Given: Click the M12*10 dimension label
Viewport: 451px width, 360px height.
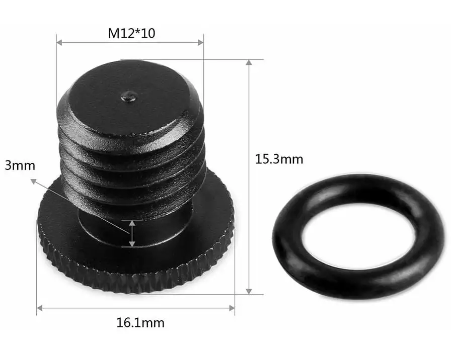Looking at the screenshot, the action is pos(131,33).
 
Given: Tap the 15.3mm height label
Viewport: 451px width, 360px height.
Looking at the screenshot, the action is pos(279,159).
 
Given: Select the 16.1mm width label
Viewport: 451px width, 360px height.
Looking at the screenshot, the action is pos(140,323).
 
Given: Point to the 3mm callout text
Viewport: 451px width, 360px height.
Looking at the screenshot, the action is pos(20,165).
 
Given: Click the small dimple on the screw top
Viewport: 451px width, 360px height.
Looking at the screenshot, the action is pos(128,97).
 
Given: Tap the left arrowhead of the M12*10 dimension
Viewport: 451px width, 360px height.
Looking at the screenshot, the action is pos(59,43).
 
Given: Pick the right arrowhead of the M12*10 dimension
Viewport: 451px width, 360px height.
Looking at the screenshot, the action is pos(201,43).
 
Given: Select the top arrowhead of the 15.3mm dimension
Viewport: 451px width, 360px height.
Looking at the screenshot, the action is pos(249,62).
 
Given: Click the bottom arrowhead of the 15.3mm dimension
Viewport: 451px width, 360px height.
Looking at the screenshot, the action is pos(249,291).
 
